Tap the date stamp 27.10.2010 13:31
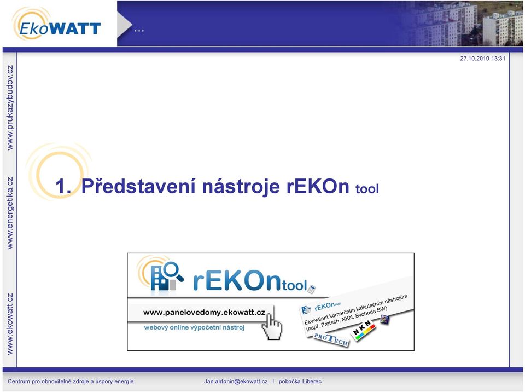pyautogui.click(x=482, y=59)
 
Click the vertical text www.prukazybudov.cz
pyautogui.click(x=10, y=107)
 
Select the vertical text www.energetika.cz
pyautogui.click(x=10, y=213)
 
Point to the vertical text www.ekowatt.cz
pyautogui.click(x=10, y=324)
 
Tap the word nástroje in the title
pyautogui.click(x=241, y=187)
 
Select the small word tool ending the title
pyautogui.click(x=367, y=189)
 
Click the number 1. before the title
pyautogui.click(x=63, y=186)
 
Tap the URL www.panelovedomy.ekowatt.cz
pyautogui.click(x=204, y=313)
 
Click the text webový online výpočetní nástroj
pyautogui.click(x=194, y=327)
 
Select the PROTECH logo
pyautogui.click(x=331, y=340)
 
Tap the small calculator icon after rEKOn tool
pyautogui.click(x=312, y=289)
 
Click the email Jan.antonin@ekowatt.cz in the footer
pyautogui.click(x=236, y=381)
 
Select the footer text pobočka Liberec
pyautogui.click(x=300, y=381)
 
